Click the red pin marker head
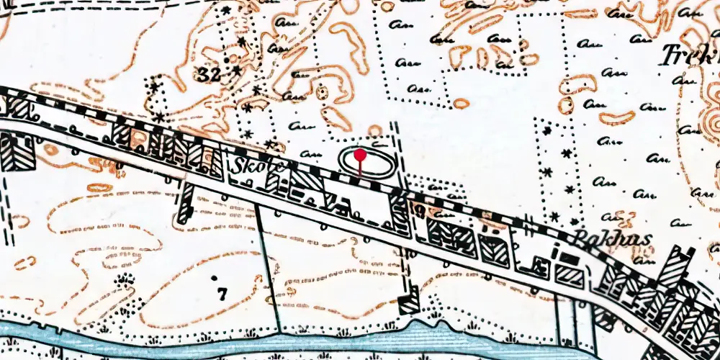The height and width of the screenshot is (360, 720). click(x=360, y=154)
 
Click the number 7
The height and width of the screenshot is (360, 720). click(x=222, y=293)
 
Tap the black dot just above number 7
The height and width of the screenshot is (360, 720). click(x=215, y=276)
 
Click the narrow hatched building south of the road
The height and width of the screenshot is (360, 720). click(x=186, y=204)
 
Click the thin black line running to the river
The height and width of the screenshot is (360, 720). click(x=268, y=266)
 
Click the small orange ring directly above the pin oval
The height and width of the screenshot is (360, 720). click(x=374, y=130)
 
